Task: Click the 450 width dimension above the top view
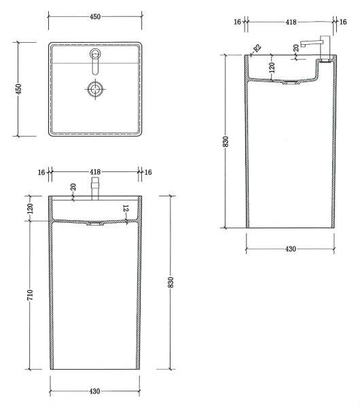95,16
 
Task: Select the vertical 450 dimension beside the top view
20,88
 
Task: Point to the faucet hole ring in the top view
95,54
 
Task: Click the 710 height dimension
31,295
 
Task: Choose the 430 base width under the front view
95,391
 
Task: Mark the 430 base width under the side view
291,249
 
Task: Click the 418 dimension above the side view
291,22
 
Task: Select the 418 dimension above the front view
95,173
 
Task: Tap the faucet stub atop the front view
95,188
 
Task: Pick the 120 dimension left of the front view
31,209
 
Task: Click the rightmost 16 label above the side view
343,22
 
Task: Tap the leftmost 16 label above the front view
41,173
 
